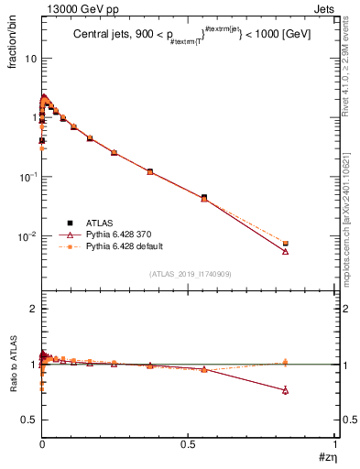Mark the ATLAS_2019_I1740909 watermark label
pyautogui.click(x=189, y=275)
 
